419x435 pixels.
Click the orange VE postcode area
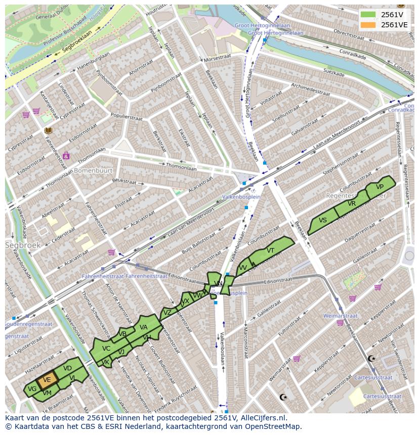pos(47,380)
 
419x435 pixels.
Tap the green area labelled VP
pos(380,187)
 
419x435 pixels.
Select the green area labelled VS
pos(322,220)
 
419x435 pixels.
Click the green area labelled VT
pos(271,251)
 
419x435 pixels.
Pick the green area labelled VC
pos(106,349)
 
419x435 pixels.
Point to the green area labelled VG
pos(32,389)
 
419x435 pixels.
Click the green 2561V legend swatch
pos(368,14)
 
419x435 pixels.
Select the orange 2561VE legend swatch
pos(368,24)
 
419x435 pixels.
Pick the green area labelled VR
pos(352,204)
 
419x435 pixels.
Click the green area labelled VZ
pos(167,313)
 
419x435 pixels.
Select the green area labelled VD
pos(67,368)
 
